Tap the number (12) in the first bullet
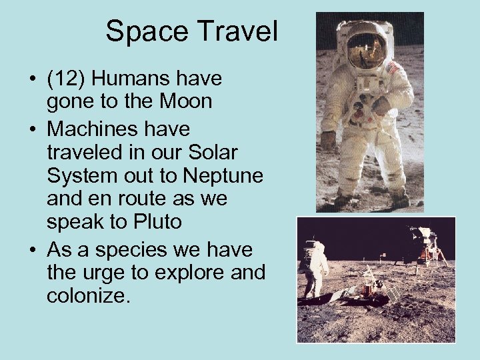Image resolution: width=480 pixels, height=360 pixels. pos(66,79)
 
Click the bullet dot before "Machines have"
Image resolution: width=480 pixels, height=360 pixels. pos(32,128)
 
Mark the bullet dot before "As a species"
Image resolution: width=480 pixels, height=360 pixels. pos(32,249)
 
